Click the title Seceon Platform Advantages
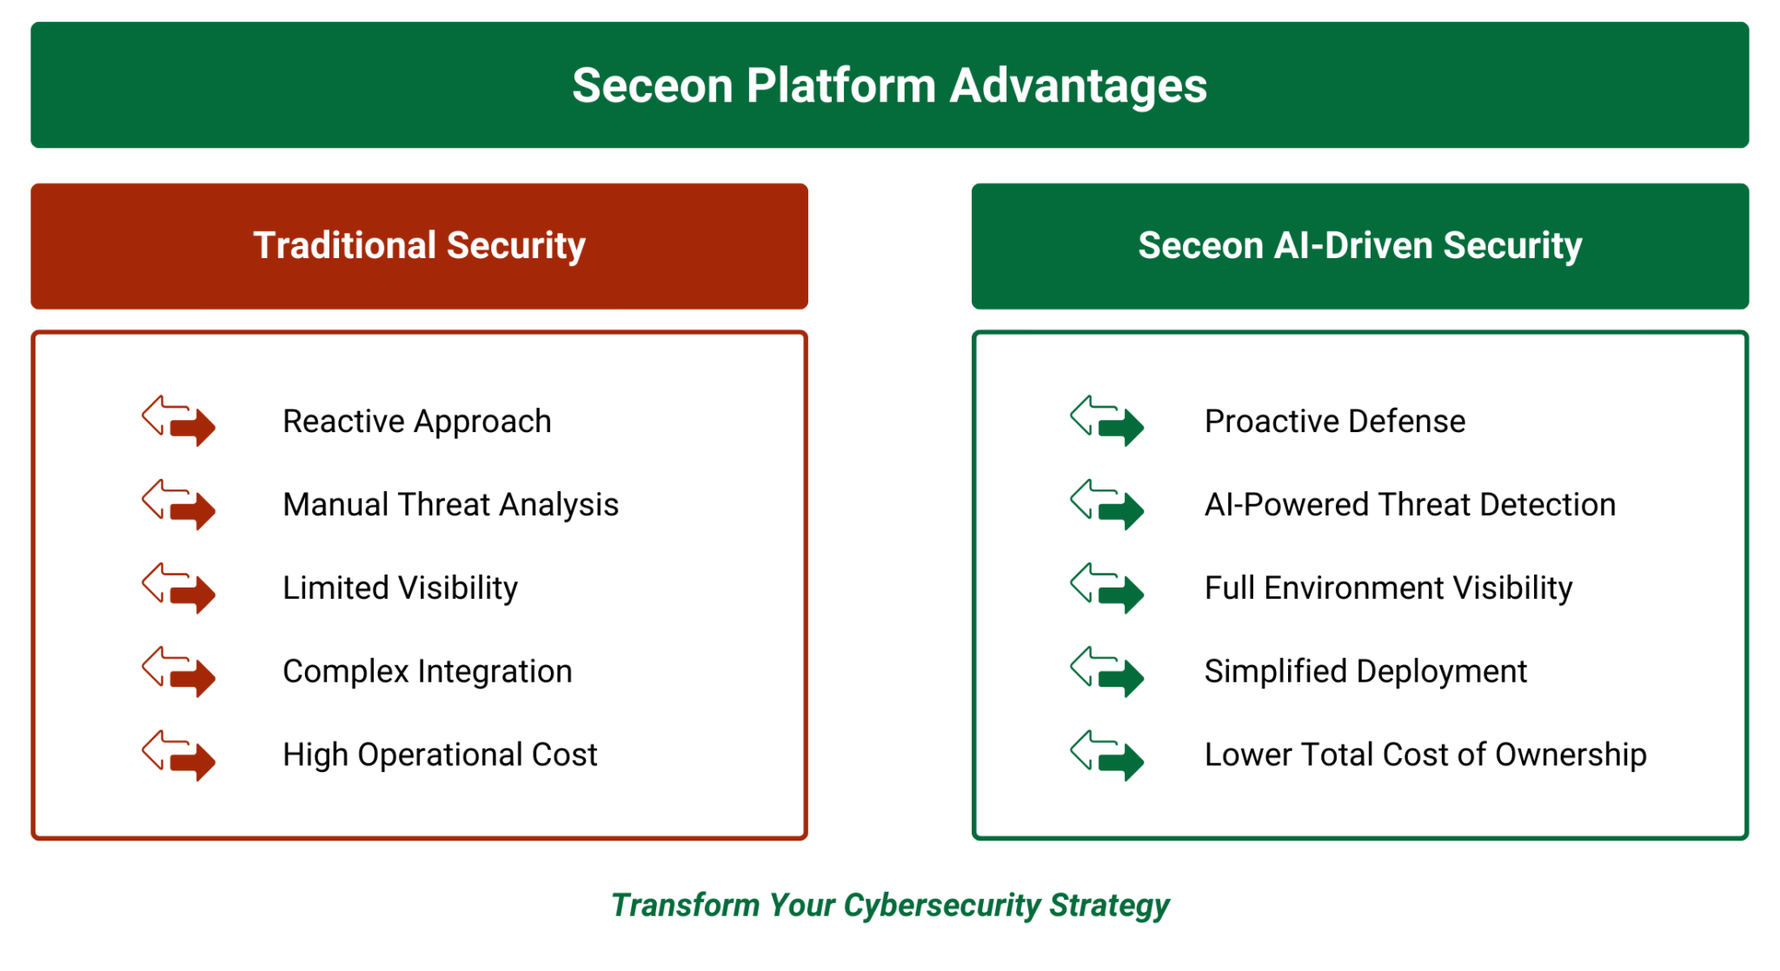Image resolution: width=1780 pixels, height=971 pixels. [889, 85]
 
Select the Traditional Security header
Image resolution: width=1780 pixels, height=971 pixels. [419, 245]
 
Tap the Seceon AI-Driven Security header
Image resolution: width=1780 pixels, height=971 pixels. [1359, 245]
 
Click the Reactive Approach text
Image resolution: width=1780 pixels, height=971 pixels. [416, 422]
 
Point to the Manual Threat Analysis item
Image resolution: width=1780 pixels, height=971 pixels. [450, 505]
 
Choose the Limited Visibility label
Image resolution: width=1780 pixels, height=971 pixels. [400, 589]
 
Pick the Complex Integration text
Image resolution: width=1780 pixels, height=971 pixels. [427, 672]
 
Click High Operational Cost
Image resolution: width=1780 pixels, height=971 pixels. [440, 755]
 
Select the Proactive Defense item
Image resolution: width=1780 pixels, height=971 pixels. [1334, 422]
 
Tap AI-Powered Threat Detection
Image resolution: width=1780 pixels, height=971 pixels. [1409, 505]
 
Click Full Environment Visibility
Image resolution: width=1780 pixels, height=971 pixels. [1388, 589]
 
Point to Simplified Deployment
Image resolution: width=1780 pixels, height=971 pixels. [1365, 672]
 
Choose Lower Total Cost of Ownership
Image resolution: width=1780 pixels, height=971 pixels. [1425, 755]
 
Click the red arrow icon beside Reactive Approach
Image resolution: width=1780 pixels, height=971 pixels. [179, 421]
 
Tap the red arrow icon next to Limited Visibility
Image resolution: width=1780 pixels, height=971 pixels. [179, 588]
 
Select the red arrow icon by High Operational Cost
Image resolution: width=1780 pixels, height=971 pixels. [179, 755]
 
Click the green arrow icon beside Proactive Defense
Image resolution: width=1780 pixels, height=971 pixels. [1106, 421]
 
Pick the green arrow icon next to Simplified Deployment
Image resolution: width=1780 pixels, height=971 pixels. [1106, 671]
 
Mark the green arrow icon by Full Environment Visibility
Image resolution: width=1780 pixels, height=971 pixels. [1106, 588]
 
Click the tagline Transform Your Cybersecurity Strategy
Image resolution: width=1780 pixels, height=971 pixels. [889, 905]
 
